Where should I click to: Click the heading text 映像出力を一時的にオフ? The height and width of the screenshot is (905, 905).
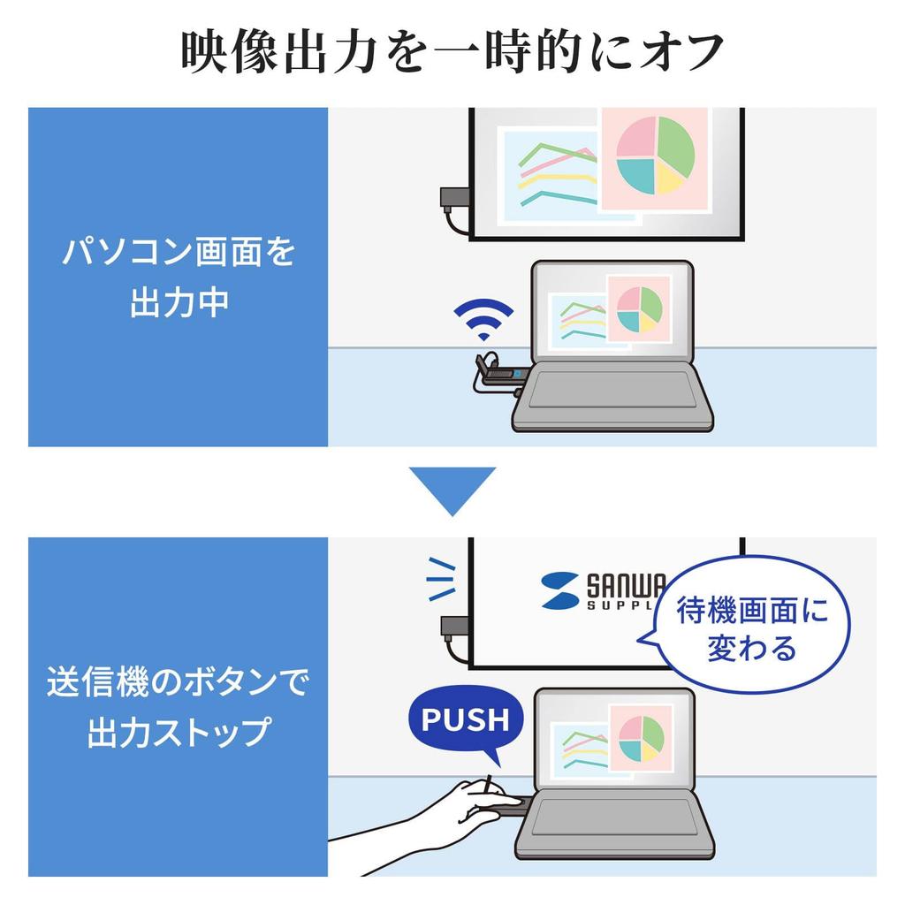pos(452,53)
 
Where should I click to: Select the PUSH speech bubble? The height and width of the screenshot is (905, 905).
pos(465,720)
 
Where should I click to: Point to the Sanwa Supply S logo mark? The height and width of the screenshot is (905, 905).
pos(559,590)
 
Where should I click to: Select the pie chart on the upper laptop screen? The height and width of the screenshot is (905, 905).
pos(639,309)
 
